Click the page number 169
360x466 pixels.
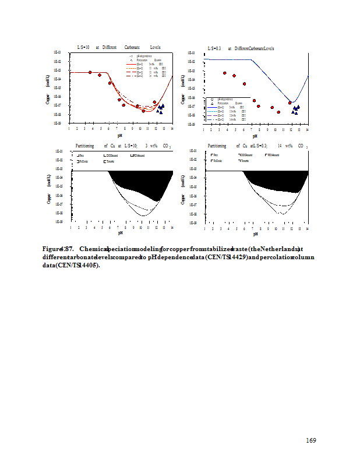click(x=311, y=440)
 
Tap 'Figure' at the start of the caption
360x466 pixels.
click(x=51, y=249)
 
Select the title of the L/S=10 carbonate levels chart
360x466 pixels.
click(x=119, y=47)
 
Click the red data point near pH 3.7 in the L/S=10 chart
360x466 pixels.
click(x=90, y=72)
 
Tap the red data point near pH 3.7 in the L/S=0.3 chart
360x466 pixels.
click(x=224, y=73)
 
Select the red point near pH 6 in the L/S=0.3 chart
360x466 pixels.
click(x=244, y=84)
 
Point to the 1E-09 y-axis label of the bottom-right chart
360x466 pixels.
click(x=192, y=223)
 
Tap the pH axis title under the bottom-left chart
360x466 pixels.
click(x=120, y=233)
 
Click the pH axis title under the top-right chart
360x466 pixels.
click(x=255, y=136)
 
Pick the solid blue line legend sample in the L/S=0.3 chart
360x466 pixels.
click(x=212, y=107)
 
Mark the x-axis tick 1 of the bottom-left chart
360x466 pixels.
click(x=69, y=227)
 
